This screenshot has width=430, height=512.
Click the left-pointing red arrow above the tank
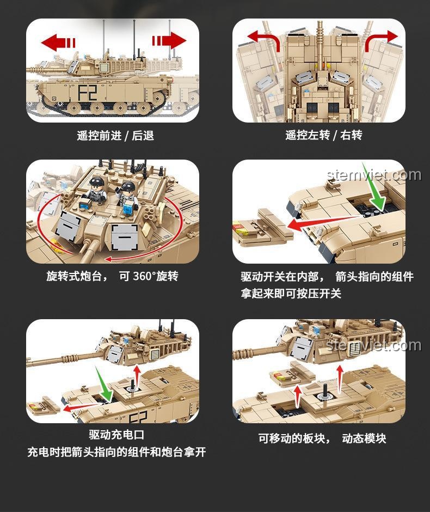pyautogui.click(x=58, y=42)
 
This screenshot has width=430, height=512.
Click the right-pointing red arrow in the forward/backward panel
pyautogui.click(x=169, y=41)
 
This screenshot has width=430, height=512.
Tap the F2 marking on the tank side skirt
pyautogui.click(x=88, y=93)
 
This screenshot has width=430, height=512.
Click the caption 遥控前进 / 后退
pyautogui.click(x=115, y=135)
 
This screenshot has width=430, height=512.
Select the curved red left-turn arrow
pyautogui.click(x=265, y=39)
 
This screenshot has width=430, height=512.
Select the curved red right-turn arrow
pyautogui.click(x=380, y=40)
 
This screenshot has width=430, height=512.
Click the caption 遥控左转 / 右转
pyautogui.click(x=324, y=135)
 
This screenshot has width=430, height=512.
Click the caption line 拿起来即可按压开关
pyautogui.click(x=291, y=293)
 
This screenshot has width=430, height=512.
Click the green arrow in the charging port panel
pyautogui.click(x=104, y=383)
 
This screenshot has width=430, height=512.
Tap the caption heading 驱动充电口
pyautogui.click(x=116, y=435)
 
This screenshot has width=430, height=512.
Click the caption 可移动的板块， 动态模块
pyautogui.click(x=322, y=438)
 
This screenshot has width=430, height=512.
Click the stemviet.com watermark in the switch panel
pyautogui.click(x=374, y=175)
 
